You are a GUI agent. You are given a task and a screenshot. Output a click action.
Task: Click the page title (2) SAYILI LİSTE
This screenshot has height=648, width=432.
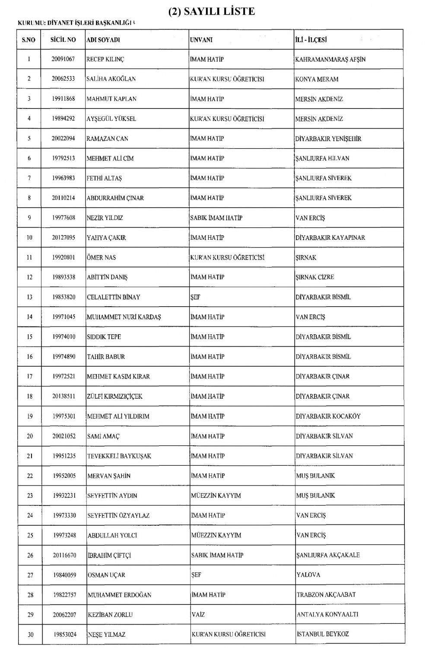212,11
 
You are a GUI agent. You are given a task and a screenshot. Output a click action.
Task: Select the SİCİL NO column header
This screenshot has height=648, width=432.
63,40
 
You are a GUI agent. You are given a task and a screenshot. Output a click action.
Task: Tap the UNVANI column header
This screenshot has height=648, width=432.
201,40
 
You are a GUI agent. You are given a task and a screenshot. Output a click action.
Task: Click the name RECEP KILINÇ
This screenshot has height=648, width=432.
106,60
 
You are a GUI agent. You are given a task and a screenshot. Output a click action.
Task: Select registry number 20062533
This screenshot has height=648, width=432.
63,79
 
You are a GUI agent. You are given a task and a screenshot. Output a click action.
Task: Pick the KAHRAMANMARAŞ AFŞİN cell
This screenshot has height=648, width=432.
330,60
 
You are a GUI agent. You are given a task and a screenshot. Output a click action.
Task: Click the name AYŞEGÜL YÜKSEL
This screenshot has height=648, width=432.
111,119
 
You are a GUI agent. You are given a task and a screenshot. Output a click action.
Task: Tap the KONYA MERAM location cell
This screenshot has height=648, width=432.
317,79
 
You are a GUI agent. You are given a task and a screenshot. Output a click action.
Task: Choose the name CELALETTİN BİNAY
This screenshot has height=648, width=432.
114,297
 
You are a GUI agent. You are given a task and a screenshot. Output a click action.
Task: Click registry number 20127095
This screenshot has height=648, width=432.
63,238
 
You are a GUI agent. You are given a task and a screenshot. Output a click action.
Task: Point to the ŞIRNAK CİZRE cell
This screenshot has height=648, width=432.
314,277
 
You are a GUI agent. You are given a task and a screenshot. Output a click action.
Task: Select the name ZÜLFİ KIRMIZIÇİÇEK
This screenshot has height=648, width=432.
115,397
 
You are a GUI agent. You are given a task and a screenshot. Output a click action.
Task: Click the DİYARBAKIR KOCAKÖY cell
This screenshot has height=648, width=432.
328,416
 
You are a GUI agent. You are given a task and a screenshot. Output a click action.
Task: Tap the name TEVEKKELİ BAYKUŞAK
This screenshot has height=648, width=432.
119,456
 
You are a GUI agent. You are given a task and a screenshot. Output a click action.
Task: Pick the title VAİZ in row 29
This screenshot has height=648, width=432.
197,615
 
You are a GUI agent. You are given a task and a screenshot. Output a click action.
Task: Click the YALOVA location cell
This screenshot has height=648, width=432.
308,575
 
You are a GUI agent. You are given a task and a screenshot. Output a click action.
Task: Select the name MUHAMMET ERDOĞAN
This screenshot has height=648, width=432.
120,595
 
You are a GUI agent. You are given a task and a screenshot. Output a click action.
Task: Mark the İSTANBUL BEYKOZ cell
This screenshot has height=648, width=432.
323,635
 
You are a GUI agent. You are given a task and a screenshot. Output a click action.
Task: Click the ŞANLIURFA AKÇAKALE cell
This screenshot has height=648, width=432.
328,555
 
